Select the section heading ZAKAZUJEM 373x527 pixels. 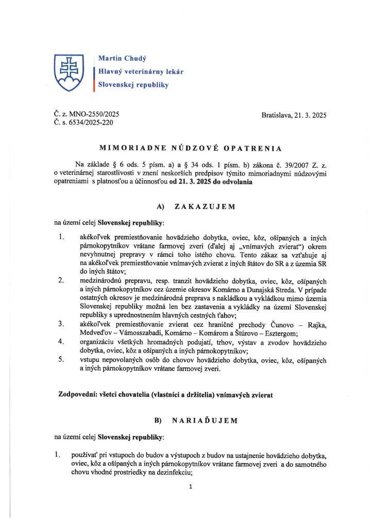click(205, 206)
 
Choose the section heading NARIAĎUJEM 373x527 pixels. click(205, 420)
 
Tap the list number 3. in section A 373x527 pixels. click(61, 324)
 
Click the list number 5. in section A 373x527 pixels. click(61, 359)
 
